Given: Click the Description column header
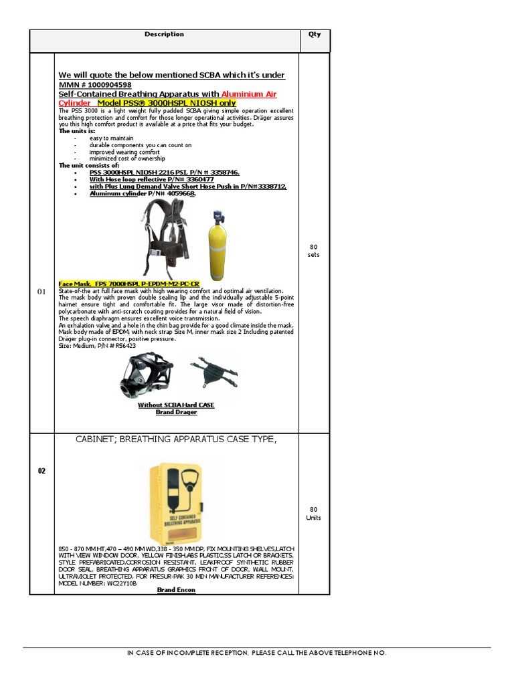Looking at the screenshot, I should coord(164,34).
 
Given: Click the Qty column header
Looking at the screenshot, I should coord(315,35).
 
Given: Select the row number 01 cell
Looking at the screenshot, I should coord(41,292).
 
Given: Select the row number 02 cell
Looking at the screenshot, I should coord(41,471).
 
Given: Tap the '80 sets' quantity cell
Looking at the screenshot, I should coord(314,251).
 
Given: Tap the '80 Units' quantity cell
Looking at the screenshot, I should coord(314,513).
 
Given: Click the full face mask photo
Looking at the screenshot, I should coord(147,375).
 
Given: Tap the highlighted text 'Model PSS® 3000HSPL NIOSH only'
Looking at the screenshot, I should coord(167,103).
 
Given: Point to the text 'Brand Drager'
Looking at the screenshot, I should coord(176,412).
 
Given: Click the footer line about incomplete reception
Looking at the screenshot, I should coord(256,653).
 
